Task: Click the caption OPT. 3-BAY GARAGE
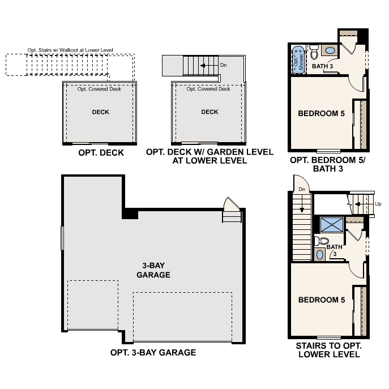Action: (153, 352)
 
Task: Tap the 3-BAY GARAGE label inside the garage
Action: (153, 270)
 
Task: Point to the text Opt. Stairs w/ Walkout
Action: (70, 50)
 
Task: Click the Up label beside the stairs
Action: (378, 204)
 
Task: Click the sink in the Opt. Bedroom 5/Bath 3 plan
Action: (330, 51)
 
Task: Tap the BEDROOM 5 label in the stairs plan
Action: (321, 300)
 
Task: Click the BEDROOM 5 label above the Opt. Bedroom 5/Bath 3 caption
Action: (321, 113)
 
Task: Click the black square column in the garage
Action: (130, 214)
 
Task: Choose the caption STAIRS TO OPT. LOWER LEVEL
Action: (328, 350)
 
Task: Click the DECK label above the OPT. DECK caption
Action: (101, 112)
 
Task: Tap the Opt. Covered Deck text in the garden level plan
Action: (208, 89)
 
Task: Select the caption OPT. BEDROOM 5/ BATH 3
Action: (328, 164)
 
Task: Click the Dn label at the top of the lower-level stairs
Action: (302, 189)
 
